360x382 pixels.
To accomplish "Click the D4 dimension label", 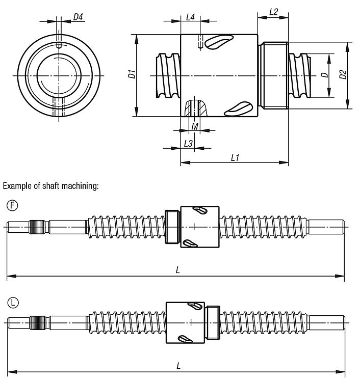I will click(78, 17).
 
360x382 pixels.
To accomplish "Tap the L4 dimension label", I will click(190, 17).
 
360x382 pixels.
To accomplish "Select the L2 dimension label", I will click(273, 12).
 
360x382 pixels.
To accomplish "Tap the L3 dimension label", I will click(188, 144).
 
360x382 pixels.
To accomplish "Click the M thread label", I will click(195, 126).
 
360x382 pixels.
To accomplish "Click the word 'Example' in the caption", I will click(17, 186).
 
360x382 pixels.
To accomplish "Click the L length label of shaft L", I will click(177, 366).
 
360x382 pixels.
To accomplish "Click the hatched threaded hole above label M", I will click(195, 108).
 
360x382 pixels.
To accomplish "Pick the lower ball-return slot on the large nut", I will click(237, 107).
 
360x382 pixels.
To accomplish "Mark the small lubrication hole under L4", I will click(201, 41).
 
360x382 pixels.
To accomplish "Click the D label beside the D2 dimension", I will click(324, 75).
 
